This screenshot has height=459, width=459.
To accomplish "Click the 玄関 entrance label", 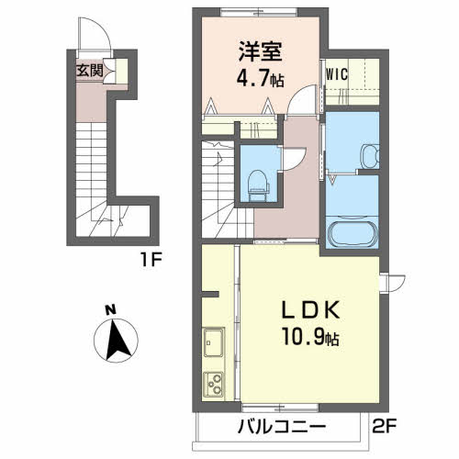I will pos(88,70).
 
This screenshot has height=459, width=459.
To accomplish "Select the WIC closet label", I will pos(336,74).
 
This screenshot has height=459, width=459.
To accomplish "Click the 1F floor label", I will pos(151,259).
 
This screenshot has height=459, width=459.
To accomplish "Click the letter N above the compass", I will pos(111,309).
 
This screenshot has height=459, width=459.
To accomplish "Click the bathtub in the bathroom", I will pos(352,233).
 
